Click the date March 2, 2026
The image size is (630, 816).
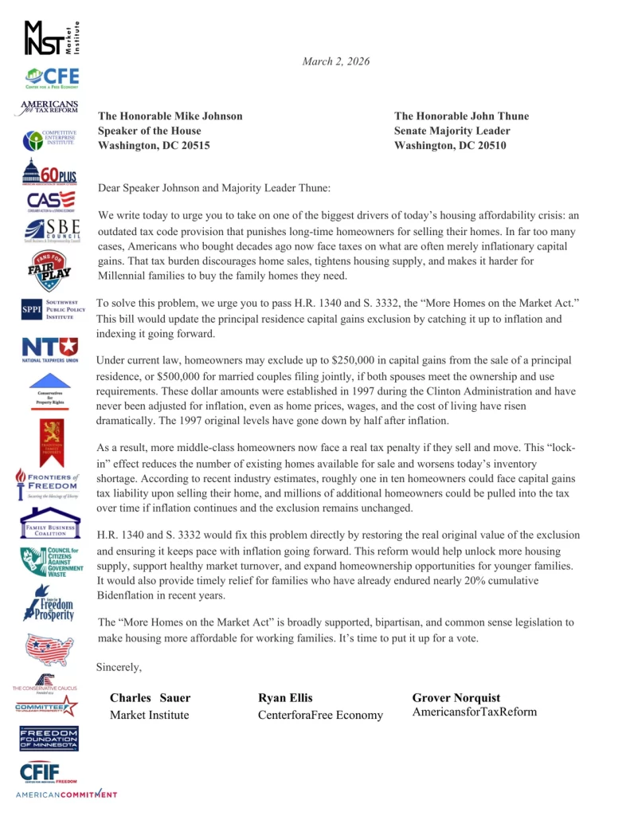point(335,61)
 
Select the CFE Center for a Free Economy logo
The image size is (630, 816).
point(51,78)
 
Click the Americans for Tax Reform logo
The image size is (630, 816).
point(50,109)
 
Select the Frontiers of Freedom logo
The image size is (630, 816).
point(48,483)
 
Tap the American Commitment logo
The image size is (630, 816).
point(66,794)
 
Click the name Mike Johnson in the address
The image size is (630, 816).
point(205,116)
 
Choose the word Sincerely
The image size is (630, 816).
point(119,666)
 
